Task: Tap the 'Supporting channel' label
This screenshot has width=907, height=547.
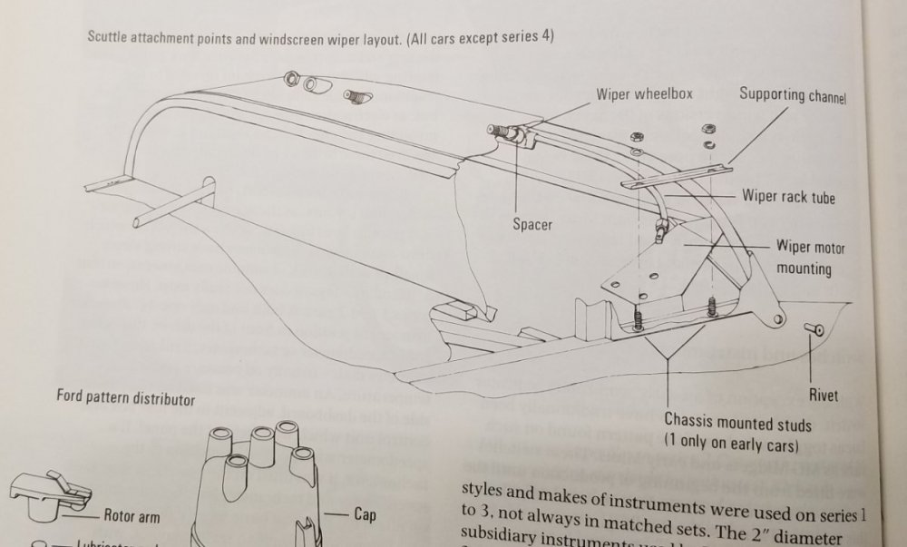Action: click(792, 94)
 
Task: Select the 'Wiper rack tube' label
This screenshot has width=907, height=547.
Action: click(788, 196)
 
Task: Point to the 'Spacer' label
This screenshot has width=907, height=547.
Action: click(532, 224)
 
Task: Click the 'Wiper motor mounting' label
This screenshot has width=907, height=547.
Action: click(804, 257)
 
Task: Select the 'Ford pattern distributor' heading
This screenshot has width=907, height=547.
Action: click(125, 397)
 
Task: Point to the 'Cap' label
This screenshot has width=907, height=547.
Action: click(366, 514)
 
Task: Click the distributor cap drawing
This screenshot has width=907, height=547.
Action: click(262, 485)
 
